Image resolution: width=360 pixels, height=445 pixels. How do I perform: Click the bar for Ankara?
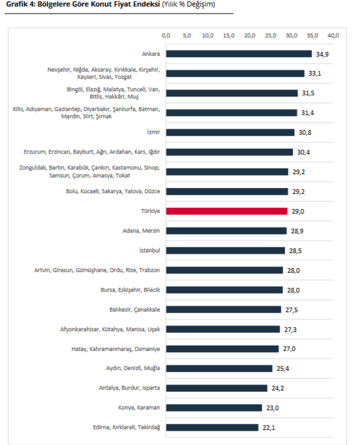pos(239,54)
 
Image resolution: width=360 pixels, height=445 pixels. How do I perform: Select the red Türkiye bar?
pos(227,211)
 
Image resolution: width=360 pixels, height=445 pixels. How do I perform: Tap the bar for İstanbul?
pos(226,250)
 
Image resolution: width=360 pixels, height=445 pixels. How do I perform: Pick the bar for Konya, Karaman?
pos(214,408)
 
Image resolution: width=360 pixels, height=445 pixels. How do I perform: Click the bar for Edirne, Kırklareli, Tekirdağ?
pos(212,427)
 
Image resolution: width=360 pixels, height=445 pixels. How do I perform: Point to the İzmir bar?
pos(230,132)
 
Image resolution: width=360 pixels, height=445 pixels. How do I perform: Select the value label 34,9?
pos(322,54)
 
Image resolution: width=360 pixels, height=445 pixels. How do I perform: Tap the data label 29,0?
pos(297,211)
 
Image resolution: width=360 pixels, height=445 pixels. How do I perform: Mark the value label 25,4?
pos(282,368)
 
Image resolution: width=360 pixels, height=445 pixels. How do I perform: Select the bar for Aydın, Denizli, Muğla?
pos(219,368)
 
